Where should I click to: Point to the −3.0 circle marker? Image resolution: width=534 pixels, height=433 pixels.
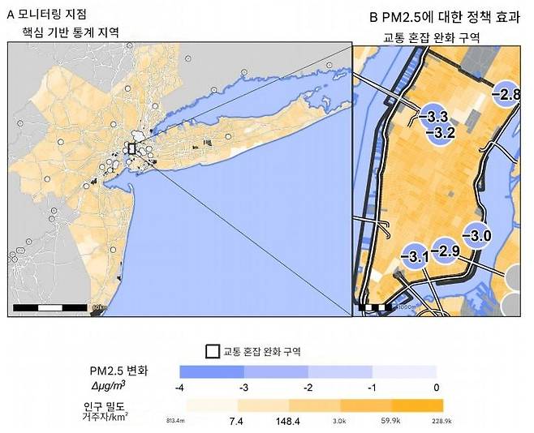477,235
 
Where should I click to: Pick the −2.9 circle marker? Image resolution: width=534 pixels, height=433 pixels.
445,251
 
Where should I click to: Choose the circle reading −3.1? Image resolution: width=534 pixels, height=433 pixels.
415,257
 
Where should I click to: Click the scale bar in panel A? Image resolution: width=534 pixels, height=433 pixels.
50,307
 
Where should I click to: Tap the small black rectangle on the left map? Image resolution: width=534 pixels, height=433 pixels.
131,148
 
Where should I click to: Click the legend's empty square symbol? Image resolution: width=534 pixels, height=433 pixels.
212,351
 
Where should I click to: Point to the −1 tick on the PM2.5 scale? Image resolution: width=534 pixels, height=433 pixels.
373,388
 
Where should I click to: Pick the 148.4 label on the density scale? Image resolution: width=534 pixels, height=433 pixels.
289,422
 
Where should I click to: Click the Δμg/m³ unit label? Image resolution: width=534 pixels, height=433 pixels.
113,385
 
